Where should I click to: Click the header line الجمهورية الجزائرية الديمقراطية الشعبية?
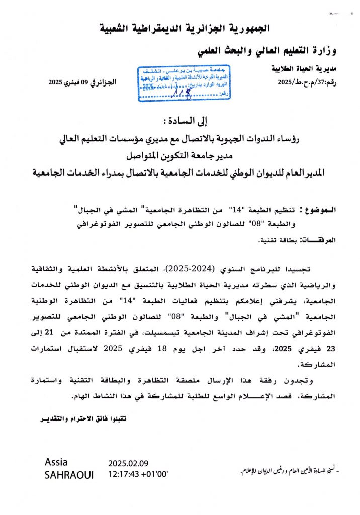point(180,27)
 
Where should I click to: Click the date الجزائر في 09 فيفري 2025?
point(82,81)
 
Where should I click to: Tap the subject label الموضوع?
point(315,209)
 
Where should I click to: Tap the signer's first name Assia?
point(56,462)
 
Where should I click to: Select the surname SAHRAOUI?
point(69,475)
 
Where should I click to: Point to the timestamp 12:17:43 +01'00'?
point(138,474)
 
